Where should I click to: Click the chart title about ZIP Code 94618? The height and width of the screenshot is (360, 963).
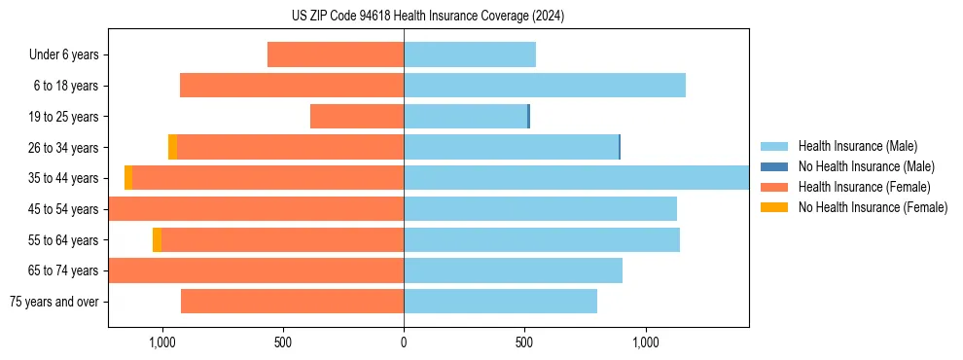pos(428,17)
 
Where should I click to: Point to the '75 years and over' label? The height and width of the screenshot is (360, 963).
pos(54,302)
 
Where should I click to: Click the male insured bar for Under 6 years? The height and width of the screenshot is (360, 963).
pos(470,55)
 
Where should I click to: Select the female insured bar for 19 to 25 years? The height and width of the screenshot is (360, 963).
pos(357,117)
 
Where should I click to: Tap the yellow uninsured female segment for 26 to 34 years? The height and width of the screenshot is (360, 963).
pos(172,147)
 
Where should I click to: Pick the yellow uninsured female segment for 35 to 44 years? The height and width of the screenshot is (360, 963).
pos(128,178)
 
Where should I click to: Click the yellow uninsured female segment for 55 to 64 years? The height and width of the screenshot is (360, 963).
pos(157,239)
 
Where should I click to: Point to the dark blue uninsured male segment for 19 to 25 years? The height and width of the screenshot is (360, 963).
pos(528,117)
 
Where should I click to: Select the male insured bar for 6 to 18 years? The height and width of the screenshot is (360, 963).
pos(545,86)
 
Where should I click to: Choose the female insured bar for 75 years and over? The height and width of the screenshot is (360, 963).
pos(292,302)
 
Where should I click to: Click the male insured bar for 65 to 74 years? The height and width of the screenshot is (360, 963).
pos(513,270)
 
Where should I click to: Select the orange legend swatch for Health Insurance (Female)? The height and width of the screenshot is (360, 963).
pos(775,187)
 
